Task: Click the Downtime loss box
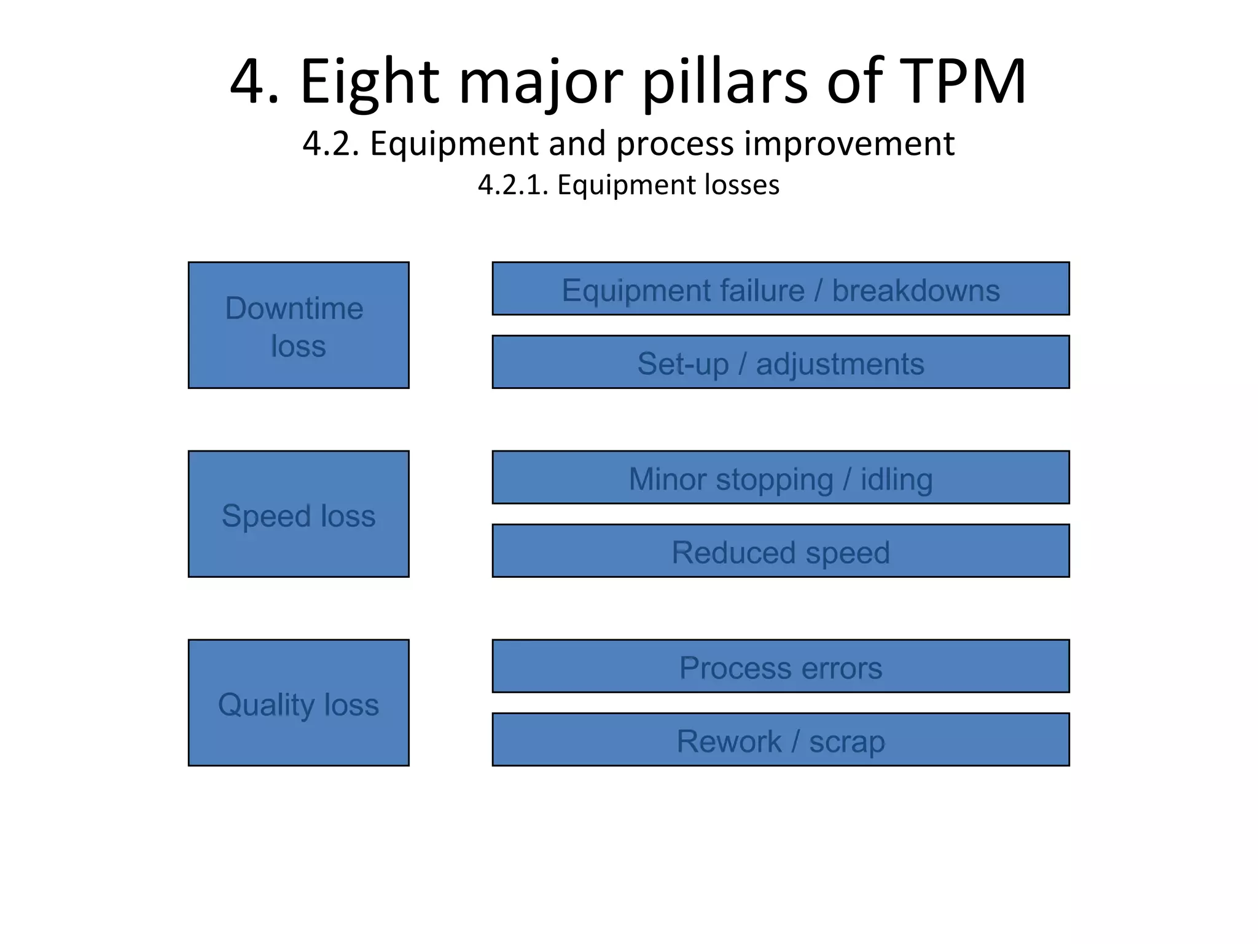[x=299, y=325]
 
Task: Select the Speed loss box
[x=299, y=514]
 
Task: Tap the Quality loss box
[x=299, y=702]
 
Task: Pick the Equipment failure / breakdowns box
[x=780, y=289]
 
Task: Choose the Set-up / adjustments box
[x=780, y=362]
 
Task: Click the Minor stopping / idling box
[x=780, y=478]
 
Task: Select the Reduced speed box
[x=780, y=551]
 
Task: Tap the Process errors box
[x=780, y=666]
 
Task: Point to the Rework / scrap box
[x=780, y=739]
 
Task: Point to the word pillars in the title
[x=725, y=81]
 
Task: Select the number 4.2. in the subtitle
[x=330, y=144]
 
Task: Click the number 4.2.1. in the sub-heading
[x=513, y=185]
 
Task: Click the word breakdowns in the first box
[x=915, y=290]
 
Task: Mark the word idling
[x=896, y=479]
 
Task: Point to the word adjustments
[x=840, y=364]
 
